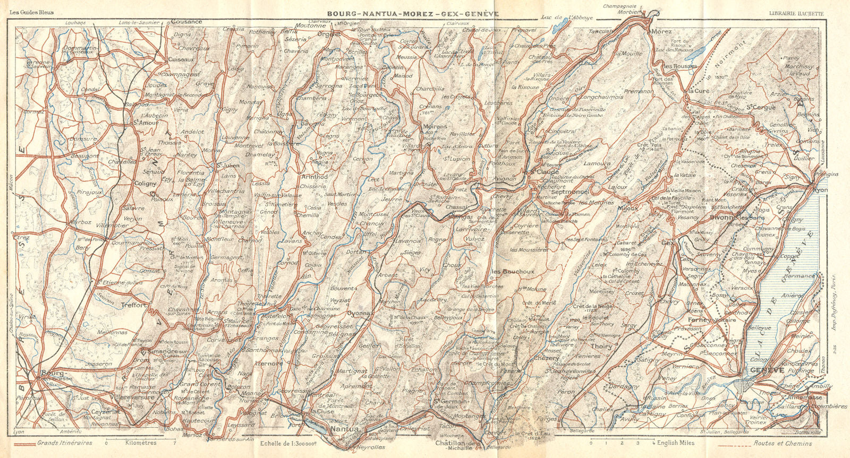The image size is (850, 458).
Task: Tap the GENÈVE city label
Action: click(767, 370)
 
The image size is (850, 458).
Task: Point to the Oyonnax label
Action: click(359, 313)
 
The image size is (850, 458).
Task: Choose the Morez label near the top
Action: click(661, 32)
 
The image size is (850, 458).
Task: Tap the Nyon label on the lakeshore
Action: click(821, 188)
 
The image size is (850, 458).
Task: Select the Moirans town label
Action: click(435, 126)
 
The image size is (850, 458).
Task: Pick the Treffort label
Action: click(133, 305)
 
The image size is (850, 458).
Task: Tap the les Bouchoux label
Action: click(513, 272)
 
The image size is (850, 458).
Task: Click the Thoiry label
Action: click(602, 346)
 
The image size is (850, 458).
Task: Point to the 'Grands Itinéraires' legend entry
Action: click(65, 443)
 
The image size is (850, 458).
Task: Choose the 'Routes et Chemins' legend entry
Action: click(783, 443)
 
